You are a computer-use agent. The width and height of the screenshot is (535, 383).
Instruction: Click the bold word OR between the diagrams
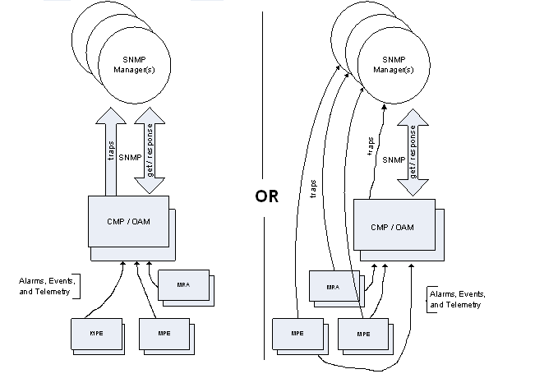(x=267, y=197)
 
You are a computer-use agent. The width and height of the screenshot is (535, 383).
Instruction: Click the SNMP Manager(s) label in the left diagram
(x=133, y=64)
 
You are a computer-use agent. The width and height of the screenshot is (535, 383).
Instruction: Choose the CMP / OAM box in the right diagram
(x=392, y=226)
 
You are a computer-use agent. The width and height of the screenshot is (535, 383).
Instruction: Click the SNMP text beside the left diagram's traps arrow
(x=128, y=158)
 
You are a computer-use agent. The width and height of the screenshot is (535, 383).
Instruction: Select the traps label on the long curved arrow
(x=313, y=189)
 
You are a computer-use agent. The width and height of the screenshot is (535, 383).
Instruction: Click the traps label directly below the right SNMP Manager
(x=371, y=145)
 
